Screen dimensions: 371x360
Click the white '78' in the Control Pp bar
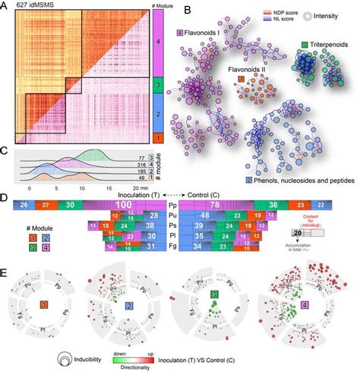click(216, 206)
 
